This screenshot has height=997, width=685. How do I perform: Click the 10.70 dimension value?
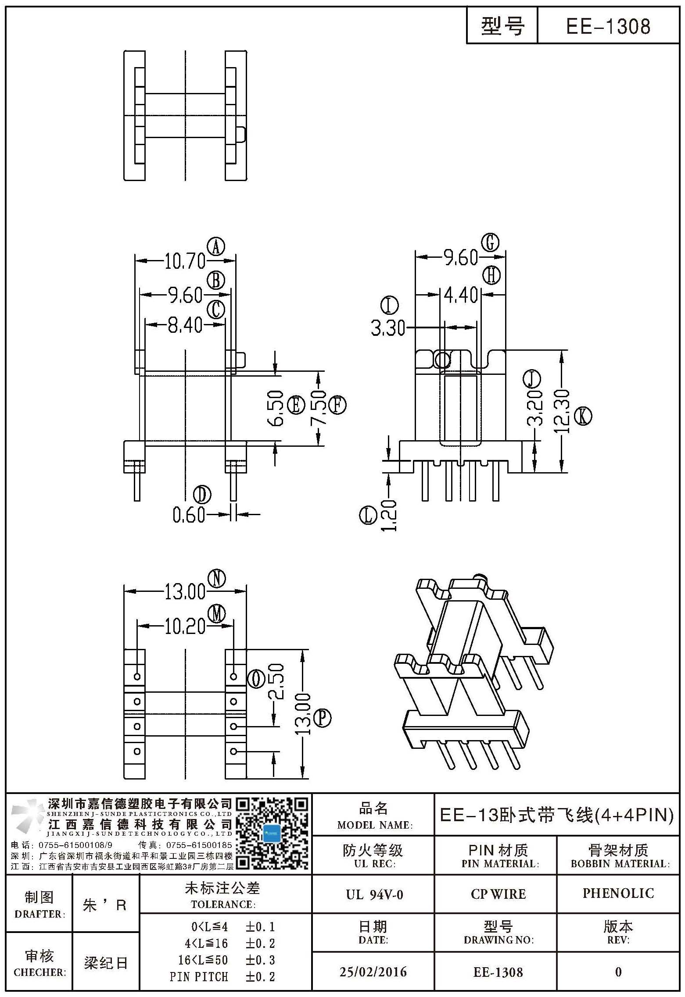(x=185, y=262)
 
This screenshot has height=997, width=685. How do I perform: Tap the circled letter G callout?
(x=491, y=242)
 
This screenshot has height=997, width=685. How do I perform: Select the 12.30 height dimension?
(x=562, y=412)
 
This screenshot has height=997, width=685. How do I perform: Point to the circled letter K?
(x=583, y=416)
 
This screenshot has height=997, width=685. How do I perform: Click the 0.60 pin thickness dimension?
(x=189, y=515)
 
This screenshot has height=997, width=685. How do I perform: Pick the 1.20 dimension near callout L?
(x=389, y=516)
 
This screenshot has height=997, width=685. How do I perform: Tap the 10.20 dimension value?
(x=185, y=627)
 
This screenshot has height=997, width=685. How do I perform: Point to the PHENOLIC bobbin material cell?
(x=618, y=893)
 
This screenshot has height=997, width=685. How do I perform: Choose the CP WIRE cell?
(x=498, y=894)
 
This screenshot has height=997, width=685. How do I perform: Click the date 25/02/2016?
(x=373, y=972)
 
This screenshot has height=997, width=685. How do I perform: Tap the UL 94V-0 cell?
(x=374, y=894)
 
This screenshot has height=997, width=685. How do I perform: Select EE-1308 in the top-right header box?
(x=608, y=26)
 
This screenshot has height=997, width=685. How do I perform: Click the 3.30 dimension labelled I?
(x=388, y=328)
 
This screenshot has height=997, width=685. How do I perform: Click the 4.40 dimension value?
(x=461, y=295)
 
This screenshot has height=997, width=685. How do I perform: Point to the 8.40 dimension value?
(x=185, y=325)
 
